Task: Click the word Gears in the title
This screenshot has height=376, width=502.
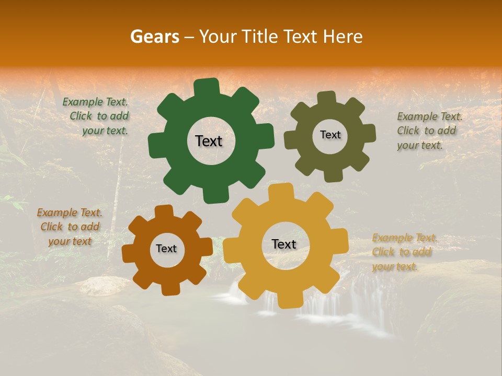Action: (154, 37)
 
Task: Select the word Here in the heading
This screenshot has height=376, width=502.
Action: (343, 37)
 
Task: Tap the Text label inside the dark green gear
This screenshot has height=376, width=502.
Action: (209, 141)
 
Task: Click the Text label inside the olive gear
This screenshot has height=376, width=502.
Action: (330, 135)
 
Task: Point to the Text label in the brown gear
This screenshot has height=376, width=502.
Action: (166, 249)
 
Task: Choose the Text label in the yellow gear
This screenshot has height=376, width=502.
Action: (284, 244)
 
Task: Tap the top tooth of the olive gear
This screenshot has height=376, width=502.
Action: (327, 98)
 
